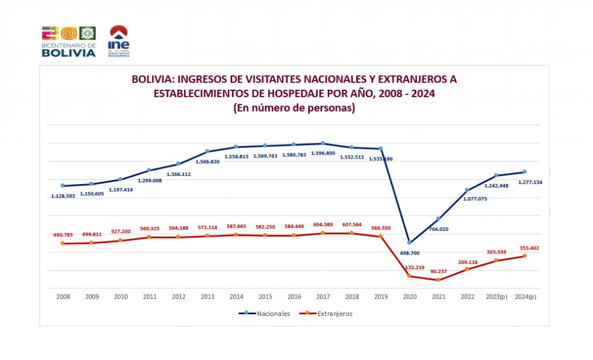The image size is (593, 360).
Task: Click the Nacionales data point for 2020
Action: pos(409,243)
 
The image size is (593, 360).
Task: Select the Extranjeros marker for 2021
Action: pos(438,280)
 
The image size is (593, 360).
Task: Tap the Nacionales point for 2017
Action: pos(323,144)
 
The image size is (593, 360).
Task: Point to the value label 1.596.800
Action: pos(323,153)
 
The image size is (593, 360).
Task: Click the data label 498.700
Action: pos(409,253)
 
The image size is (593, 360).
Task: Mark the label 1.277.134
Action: pos(526,182)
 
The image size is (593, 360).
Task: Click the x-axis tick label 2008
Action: pos(63,296)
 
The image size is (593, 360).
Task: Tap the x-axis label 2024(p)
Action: pos(525,296)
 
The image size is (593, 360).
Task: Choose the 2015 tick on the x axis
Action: pos(265,296)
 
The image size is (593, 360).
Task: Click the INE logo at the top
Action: pos(119,41)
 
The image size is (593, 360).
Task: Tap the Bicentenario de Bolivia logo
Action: pos(68,41)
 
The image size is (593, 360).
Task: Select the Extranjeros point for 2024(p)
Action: pos(525,256)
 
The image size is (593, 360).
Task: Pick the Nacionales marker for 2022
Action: pos(467,190)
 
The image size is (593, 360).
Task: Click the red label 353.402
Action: pos(526,248)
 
